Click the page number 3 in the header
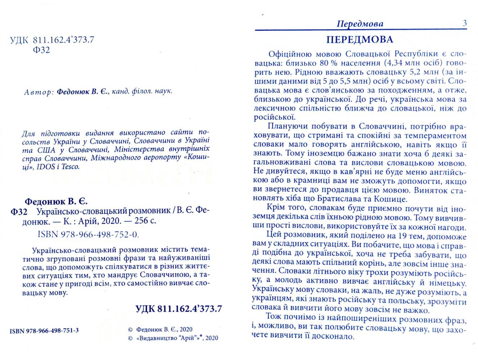tap(464, 23)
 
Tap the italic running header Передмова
tap(360, 24)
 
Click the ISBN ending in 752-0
tap(88, 234)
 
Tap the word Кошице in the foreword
tap(393, 198)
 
